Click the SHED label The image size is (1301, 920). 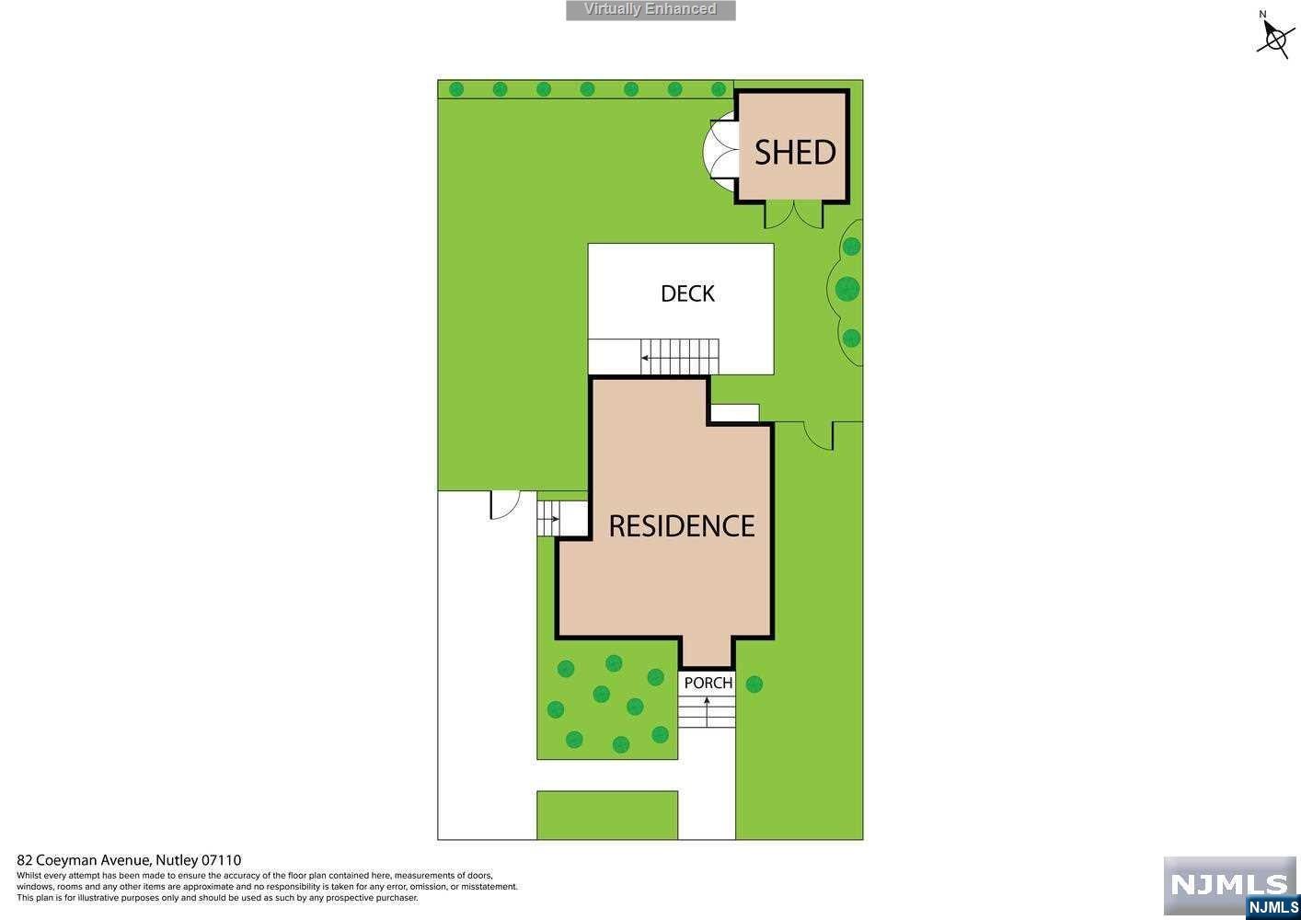(x=795, y=152)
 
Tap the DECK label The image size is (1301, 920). (x=687, y=293)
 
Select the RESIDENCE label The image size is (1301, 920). (x=682, y=525)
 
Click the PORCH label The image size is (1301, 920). (x=708, y=683)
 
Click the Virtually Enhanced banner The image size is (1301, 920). (x=650, y=10)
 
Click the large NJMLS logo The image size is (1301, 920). (x=1230, y=884)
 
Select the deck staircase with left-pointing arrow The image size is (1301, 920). (x=680, y=357)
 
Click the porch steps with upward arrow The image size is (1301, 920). (x=707, y=711)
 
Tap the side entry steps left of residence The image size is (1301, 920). (x=548, y=518)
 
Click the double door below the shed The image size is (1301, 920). (x=794, y=214)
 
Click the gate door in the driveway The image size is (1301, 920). (x=505, y=505)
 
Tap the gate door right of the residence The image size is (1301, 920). (x=818, y=435)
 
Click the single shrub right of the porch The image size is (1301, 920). (x=754, y=684)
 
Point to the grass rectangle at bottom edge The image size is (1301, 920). (x=607, y=815)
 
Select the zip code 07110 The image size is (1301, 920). (x=222, y=860)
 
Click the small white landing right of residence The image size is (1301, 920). (x=735, y=413)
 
